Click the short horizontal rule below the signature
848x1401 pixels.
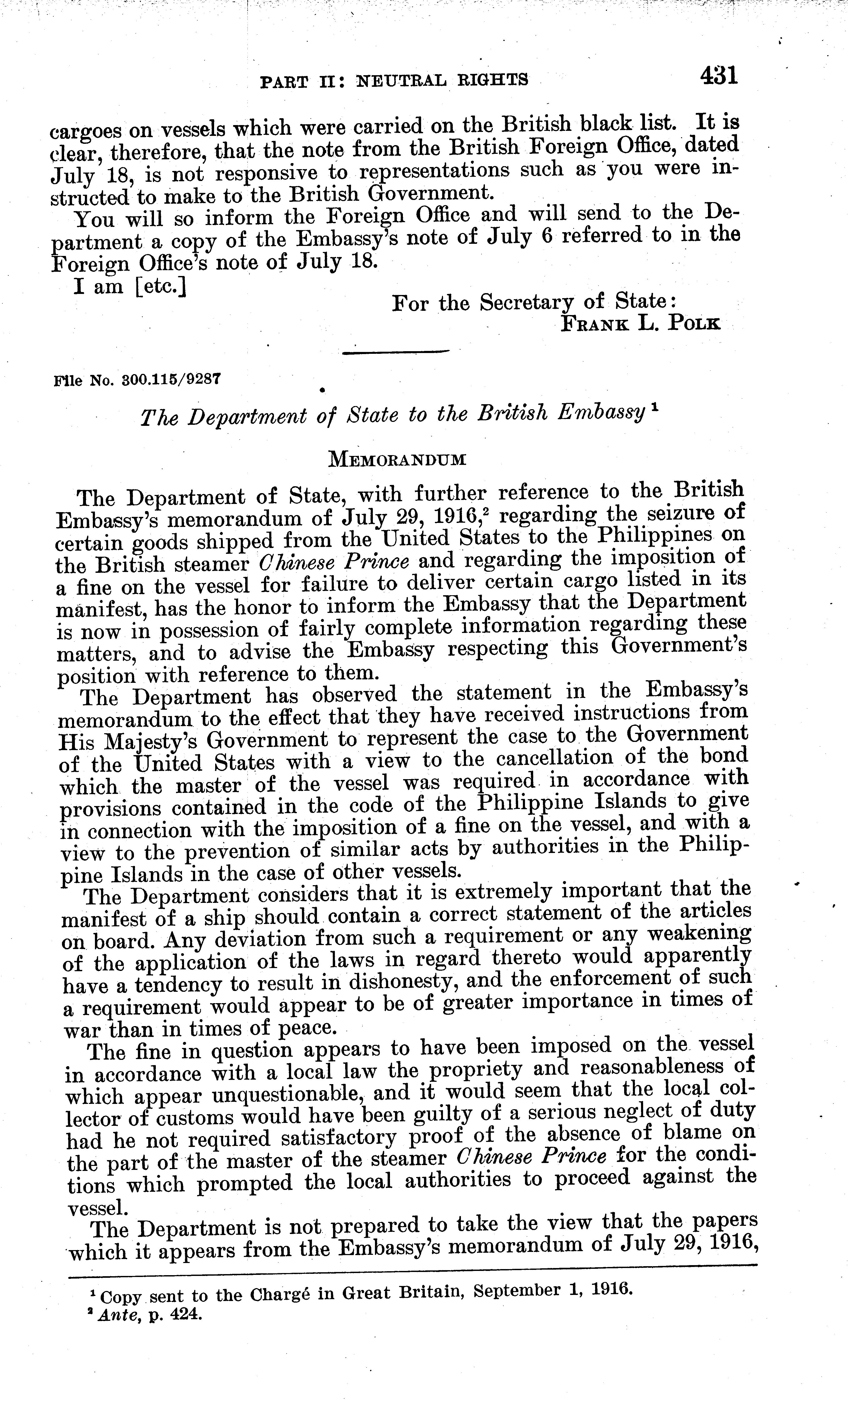click(x=397, y=352)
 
